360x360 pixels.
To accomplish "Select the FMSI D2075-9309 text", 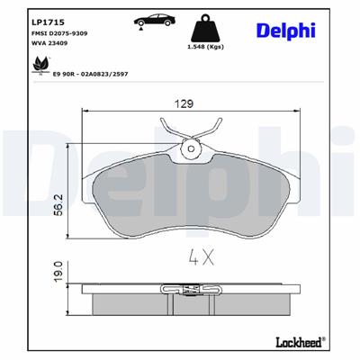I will [57, 32].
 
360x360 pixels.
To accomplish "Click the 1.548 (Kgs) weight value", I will [204, 44].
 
